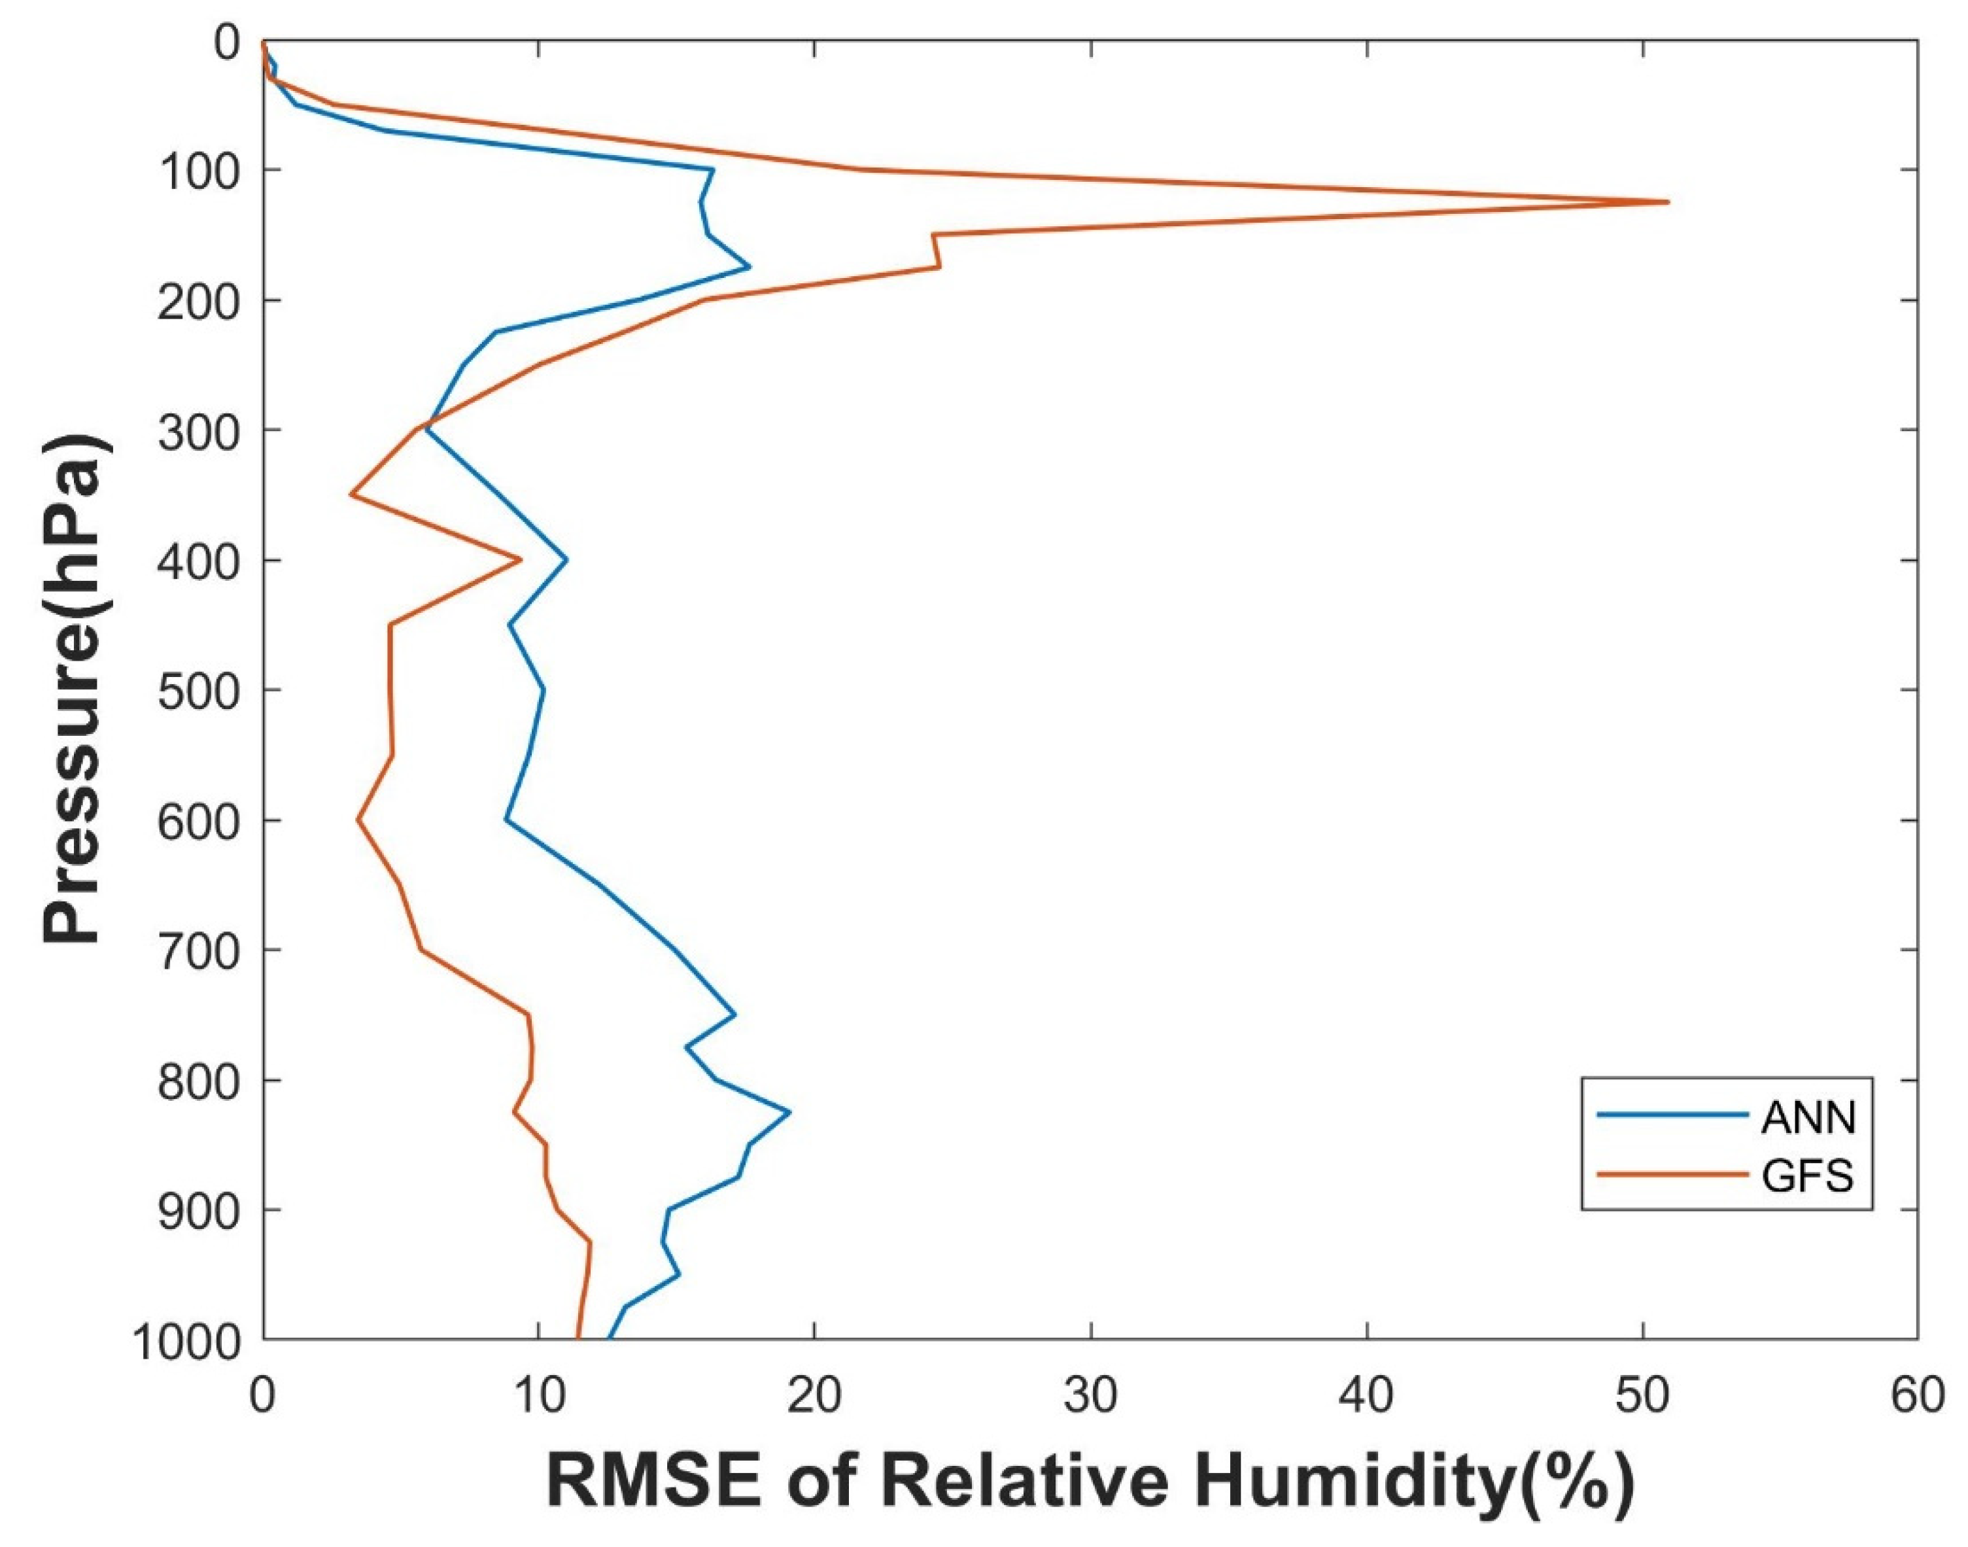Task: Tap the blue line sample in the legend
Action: (1672, 1116)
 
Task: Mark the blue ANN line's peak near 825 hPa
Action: (789, 1111)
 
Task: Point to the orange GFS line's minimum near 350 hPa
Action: (351, 495)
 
